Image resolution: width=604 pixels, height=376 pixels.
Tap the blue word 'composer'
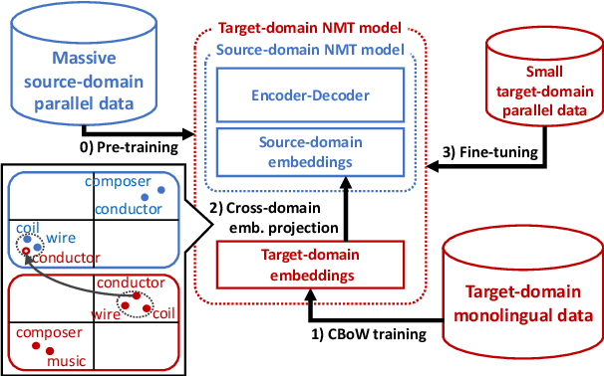click(117, 182)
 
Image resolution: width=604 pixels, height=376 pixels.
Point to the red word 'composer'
click(51, 333)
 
